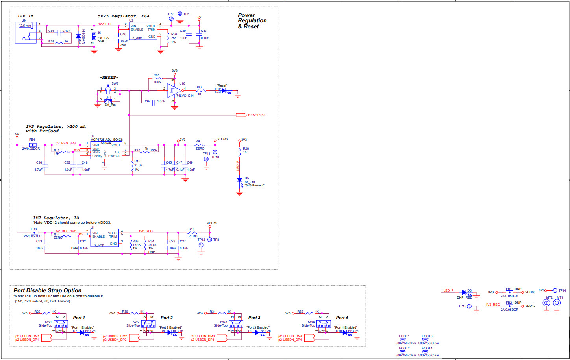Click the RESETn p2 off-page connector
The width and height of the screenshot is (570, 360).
pos(241,115)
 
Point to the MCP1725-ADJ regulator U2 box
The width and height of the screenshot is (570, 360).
pos(106,151)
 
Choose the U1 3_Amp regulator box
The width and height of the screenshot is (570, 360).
pos(104,238)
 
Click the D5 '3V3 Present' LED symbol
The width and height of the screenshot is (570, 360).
pos(239,180)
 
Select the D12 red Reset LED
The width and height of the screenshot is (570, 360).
pos(224,90)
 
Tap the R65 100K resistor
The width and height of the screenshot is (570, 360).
pos(157,78)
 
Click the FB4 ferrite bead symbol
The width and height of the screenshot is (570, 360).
pos(32,145)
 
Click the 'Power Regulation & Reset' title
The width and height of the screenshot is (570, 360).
pos(252,21)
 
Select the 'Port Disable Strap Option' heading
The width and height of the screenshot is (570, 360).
pos(47,290)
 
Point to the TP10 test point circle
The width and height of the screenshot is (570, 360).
pos(215,152)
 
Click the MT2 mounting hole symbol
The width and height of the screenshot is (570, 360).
pos(546,303)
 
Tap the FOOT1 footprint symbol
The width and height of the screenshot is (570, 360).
pos(403,340)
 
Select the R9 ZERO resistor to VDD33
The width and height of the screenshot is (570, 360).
pos(200,145)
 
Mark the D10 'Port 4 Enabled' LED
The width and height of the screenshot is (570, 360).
pos(345,332)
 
